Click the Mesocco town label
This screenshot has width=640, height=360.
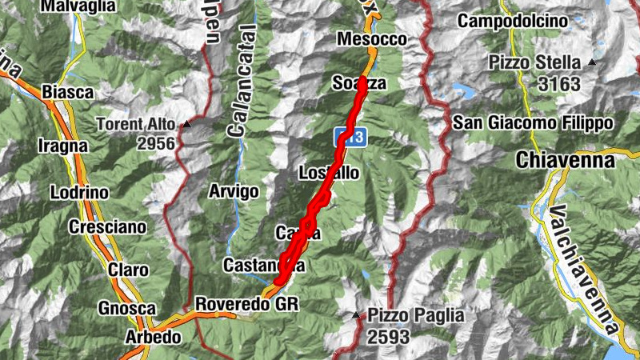point(372,39)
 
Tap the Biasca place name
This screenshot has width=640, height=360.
point(67,92)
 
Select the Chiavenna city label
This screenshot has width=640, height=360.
point(566,160)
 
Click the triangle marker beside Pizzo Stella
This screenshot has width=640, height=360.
point(592,62)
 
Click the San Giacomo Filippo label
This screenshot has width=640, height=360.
point(533,123)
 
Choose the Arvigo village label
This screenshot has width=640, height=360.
point(234,191)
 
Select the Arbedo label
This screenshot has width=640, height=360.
point(153,337)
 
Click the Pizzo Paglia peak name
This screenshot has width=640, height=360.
point(415,316)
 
